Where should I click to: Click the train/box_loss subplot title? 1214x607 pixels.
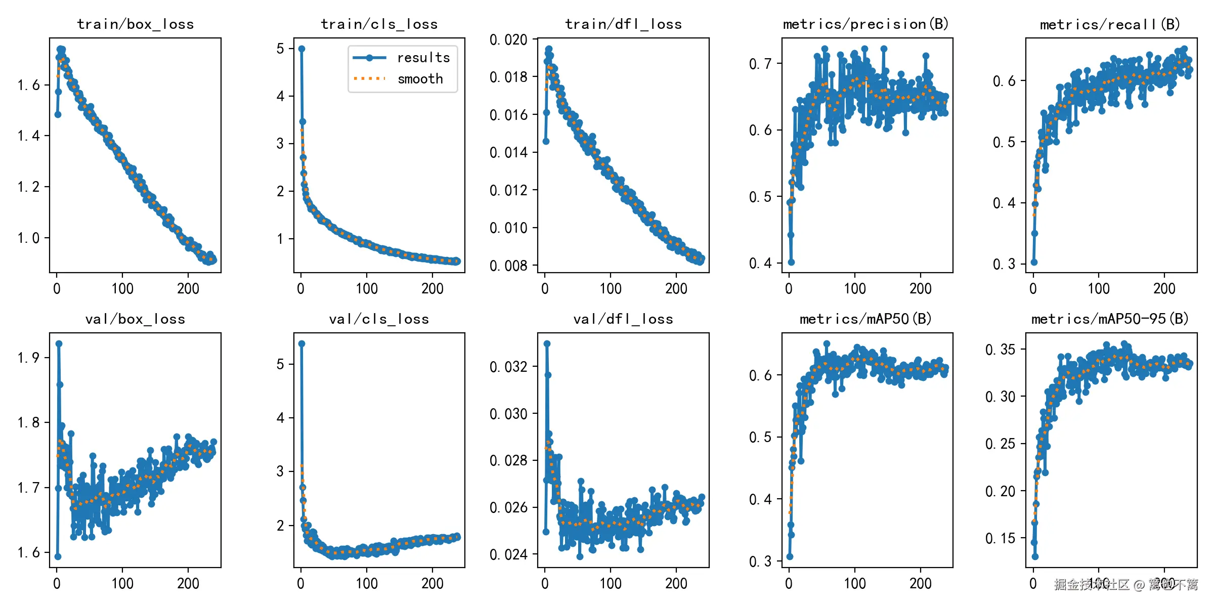pos(135,24)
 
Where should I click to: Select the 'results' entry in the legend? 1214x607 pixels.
pos(423,58)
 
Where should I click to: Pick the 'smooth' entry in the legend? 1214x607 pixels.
pos(420,79)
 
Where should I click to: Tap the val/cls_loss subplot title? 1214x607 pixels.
pos(379,319)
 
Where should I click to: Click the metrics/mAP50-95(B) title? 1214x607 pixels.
pos(1110,319)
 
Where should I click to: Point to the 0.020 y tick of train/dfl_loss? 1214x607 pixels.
pos(508,39)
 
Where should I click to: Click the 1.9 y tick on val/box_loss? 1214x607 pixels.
pos(28,358)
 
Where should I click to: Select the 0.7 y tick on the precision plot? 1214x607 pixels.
pos(760,64)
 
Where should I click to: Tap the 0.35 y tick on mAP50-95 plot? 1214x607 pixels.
pos(1000,349)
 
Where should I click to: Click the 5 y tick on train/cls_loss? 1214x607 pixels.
pos(280,49)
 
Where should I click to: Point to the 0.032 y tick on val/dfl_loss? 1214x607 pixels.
pos(508,366)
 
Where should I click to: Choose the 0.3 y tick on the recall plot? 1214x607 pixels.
pos(1004,264)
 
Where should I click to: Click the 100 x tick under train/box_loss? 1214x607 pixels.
pos(122,288)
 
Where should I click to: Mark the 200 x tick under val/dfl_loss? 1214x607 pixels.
pos(676,583)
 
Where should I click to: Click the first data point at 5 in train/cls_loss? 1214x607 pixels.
pos(301,49)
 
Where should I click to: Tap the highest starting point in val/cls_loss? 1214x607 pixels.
pos(301,343)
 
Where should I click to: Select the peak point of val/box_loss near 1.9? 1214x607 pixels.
pos(59,343)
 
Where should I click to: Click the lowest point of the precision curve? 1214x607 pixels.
pos(791,262)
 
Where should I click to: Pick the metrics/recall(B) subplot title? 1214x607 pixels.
pos(1110,24)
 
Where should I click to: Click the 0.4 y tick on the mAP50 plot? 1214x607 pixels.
pos(760,499)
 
